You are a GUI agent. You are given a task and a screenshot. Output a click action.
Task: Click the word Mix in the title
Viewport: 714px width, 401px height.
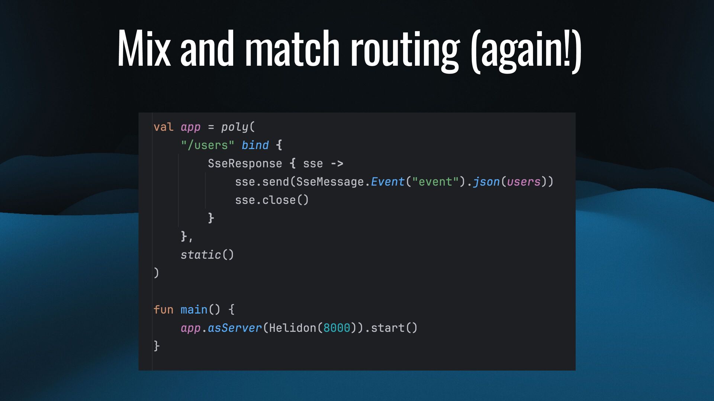click(144, 49)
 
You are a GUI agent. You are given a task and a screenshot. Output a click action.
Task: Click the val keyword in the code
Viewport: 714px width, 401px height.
click(163, 127)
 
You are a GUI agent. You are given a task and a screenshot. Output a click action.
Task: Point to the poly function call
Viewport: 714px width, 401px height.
click(235, 127)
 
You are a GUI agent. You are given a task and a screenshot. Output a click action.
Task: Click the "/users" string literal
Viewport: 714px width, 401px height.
click(208, 145)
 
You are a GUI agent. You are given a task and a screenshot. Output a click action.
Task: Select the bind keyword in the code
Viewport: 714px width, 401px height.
click(255, 145)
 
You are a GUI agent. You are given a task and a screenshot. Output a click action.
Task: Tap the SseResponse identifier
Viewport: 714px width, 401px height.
click(245, 163)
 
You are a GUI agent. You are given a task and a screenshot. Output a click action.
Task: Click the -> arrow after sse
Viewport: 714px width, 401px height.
click(337, 163)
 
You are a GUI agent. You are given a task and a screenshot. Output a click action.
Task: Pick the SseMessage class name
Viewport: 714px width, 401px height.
click(330, 182)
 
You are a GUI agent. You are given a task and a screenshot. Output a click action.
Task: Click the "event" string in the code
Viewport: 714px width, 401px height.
click(435, 182)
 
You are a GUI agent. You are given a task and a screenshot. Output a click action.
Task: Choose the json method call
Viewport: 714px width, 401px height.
click(486, 182)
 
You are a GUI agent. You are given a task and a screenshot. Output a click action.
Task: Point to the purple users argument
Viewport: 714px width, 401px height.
click(524, 182)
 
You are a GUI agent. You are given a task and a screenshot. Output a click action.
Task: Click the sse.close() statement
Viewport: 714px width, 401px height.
click(271, 200)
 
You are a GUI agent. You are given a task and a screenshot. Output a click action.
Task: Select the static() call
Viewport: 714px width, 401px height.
click(207, 255)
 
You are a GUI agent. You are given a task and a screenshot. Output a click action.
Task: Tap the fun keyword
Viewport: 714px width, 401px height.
click(163, 310)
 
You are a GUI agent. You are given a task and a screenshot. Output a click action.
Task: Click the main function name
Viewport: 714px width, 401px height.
click(194, 310)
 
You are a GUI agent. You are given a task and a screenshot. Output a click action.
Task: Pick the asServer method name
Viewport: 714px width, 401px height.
click(235, 328)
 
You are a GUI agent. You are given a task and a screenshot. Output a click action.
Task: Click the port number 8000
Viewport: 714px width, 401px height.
click(337, 328)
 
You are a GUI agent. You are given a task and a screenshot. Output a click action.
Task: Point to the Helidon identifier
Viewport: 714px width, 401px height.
click(292, 328)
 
